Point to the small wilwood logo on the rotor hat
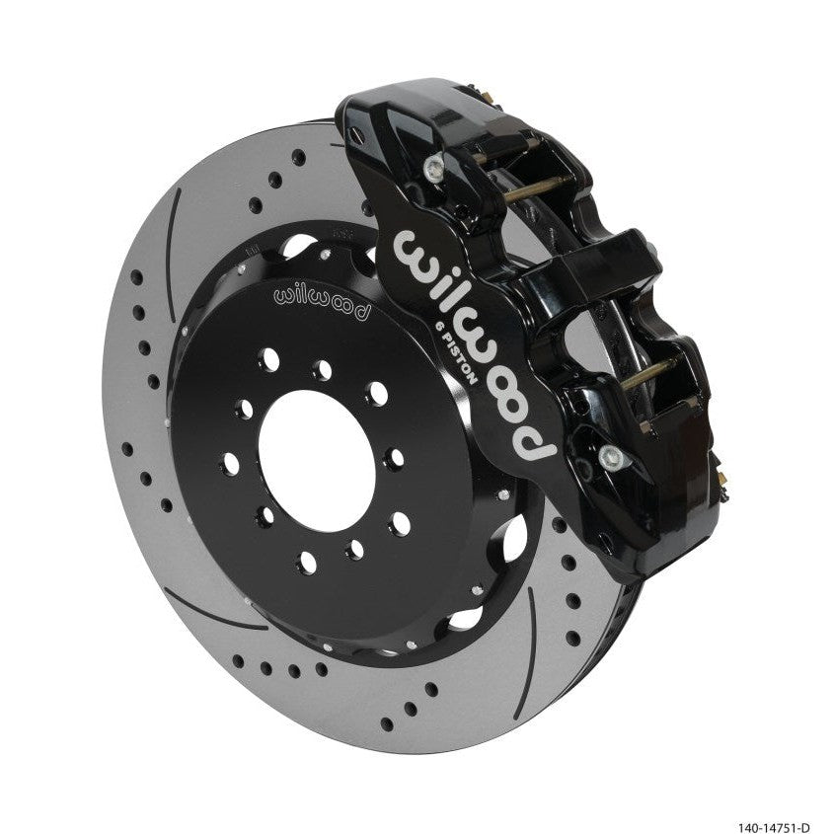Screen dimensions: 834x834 322,298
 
